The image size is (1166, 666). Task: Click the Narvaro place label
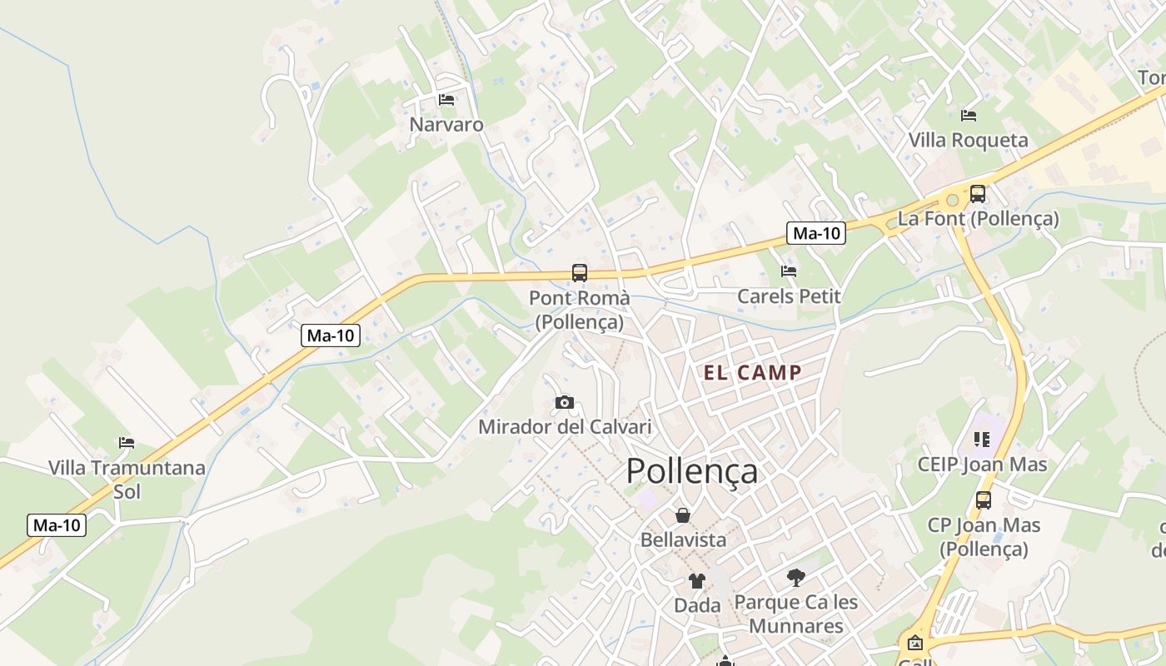point(446,125)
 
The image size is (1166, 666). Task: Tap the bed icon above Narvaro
point(446,100)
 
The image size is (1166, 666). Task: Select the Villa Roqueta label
point(968,140)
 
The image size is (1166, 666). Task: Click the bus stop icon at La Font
point(978,194)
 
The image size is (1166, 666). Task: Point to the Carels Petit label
point(789,296)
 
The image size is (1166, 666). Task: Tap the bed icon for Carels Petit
point(789,271)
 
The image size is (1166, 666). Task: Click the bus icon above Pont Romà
point(580,272)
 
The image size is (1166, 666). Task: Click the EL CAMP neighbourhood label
point(752,373)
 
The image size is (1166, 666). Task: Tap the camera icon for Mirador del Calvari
point(565,403)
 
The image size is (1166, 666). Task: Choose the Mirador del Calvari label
point(565,427)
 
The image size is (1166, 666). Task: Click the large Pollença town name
point(692,471)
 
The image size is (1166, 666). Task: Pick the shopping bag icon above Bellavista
point(683,515)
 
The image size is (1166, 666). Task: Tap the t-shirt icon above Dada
point(697,581)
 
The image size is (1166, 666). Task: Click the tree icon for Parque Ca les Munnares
point(796,577)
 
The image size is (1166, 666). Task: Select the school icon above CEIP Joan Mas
point(982,439)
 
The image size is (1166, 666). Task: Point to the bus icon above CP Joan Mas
point(984,500)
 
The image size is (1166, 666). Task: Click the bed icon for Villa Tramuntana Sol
point(127,443)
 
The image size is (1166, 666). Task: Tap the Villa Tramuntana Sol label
point(127,480)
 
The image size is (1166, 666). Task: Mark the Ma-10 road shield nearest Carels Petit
point(816,234)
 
